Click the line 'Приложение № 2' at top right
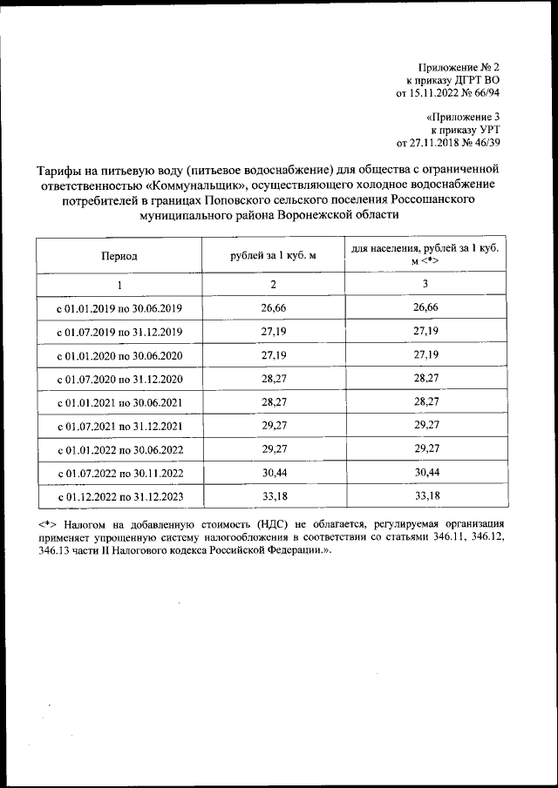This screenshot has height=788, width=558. (x=459, y=67)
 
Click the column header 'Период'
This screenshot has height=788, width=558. (x=119, y=256)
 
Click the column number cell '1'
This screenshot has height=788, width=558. (x=119, y=285)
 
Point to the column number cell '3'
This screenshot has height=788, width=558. (x=425, y=285)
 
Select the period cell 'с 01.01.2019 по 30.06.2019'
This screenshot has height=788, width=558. (x=119, y=308)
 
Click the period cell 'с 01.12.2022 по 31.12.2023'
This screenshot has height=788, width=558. (x=119, y=497)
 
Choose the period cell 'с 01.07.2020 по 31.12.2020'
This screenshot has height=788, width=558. (x=119, y=379)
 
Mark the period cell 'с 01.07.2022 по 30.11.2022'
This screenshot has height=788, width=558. (x=119, y=474)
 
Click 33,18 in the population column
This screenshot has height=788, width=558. (x=425, y=497)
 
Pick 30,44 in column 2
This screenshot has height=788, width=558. (x=272, y=474)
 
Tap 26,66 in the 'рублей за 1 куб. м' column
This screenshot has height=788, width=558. (x=272, y=308)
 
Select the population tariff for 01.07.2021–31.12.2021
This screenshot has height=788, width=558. (x=425, y=426)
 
